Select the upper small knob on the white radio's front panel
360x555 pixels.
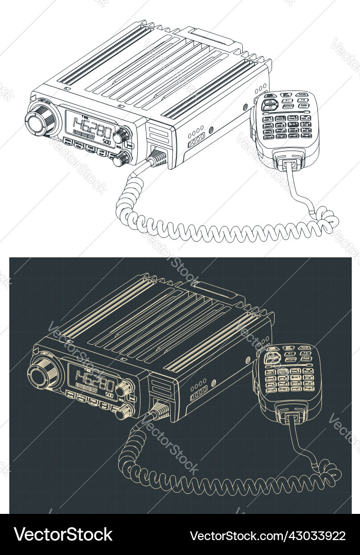tap(122, 136)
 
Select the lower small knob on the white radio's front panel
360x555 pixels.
tap(120, 160)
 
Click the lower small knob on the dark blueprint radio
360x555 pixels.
tap(123, 411)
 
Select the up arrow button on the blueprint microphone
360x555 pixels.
tap(272, 355)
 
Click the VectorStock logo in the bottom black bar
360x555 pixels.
tap(63, 534)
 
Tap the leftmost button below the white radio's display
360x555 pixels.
tap(67, 141)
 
